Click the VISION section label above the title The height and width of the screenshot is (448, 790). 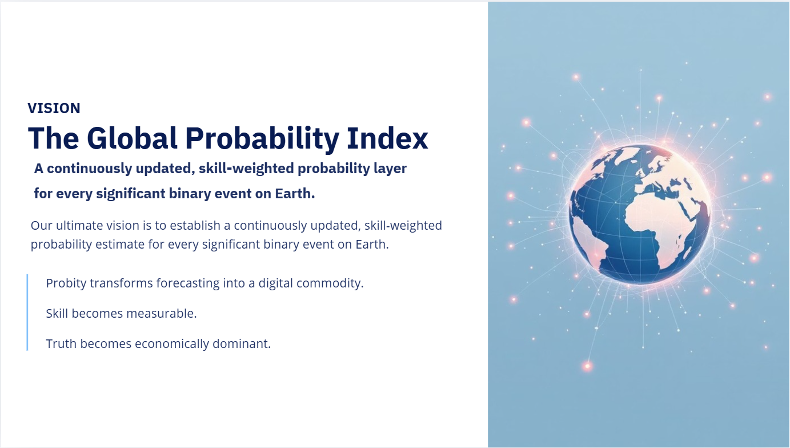pyautogui.click(x=54, y=109)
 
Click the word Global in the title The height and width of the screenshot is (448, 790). pyautogui.click(x=132, y=138)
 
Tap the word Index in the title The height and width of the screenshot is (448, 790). pyautogui.click(x=387, y=138)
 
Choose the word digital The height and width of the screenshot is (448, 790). pyautogui.click(x=276, y=283)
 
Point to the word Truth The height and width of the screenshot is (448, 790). pyautogui.click(x=61, y=344)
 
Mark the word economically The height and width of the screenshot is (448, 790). pyautogui.click(x=172, y=344)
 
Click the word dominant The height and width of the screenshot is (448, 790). pyautogui.click(x=242, y=344)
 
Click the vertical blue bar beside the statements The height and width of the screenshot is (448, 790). pyautogui.click(x=27, y=312)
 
